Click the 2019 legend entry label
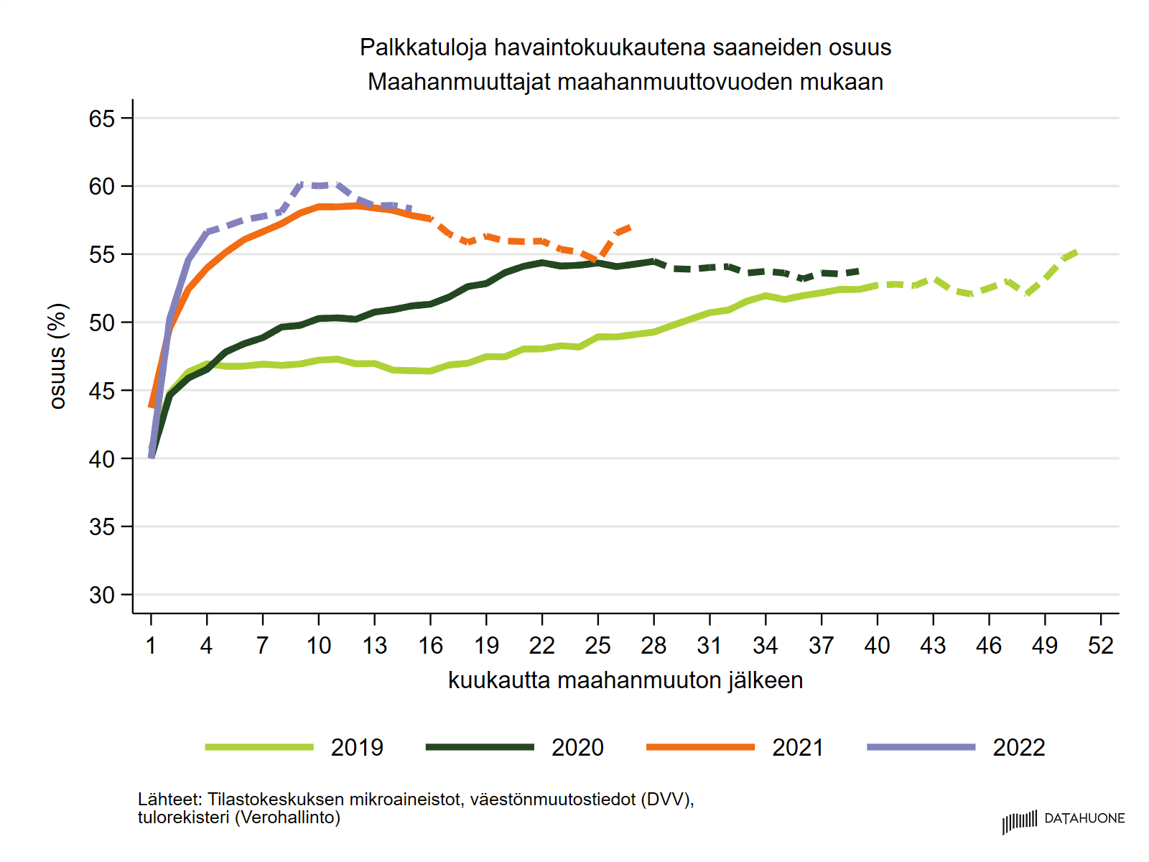(x=357, y=747)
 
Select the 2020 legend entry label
(x=577, y=747)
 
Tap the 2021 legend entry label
(x=798, y=747)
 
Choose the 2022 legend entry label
(x=1018, y=747)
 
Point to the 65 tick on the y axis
(x=102, y=119)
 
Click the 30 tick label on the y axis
(x=102, y=595)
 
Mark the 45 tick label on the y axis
(x=102, y=391)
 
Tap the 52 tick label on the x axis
(x=1100, y=646)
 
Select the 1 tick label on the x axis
(x=151, y=646)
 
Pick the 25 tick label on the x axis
(x=597, y=646)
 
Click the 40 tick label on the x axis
(x=877, y=646)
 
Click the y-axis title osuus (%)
(x=57, y=356)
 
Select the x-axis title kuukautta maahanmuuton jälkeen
(x=625, y=680)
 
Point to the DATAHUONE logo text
(x=1084, y=818)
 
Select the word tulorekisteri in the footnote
(x=183, y=817)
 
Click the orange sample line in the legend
(x=700, y=747)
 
